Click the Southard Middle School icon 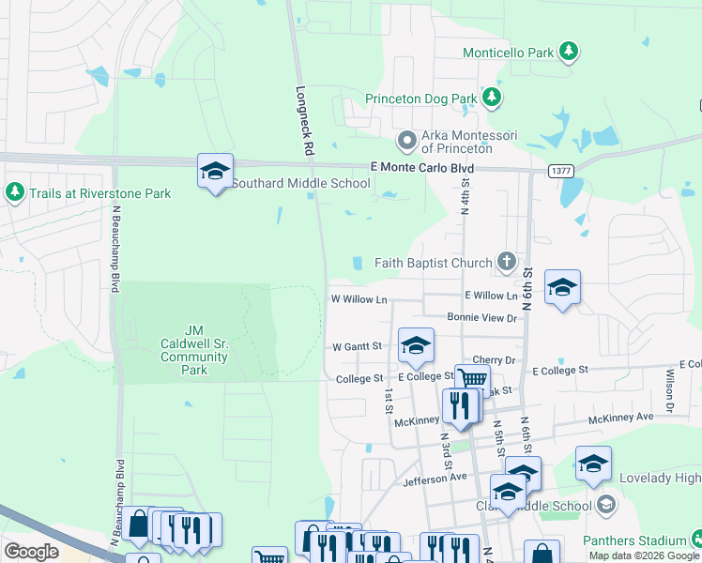click(x=215, y=171)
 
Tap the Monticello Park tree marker click(x=569, y=51)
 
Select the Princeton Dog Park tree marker click(x=491, y=97)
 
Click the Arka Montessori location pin click(x=407, y=141)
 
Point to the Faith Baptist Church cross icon click(x=507, y=261)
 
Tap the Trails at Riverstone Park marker click(x=14, y=192)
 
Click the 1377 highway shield click(x=561, y=171)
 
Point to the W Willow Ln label click(x=359, y=299)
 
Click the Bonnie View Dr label click(x=482, y=318)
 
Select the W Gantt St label click(x=358, y=346)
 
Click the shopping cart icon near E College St click(x=472, y=379)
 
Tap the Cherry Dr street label click(x=495, y=359)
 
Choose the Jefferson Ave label click(x=435, y=478)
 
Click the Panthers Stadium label click(x=634, y=540)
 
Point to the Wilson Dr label click(x=670, y=389)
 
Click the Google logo click(x=31, y=551)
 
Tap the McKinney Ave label click(x=620, y=417)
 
